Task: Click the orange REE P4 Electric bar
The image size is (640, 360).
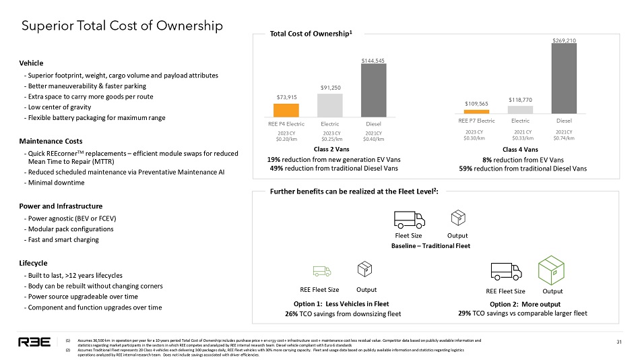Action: (286, 110)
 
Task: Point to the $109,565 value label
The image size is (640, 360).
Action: (476, 103)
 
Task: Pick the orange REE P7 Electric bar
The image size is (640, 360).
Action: (476, 111)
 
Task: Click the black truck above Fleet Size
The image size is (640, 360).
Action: (409, 218)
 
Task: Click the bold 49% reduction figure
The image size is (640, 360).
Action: (277, 168)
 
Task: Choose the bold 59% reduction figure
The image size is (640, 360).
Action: (466, 168)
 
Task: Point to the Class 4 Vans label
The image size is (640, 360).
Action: (521, 149)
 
